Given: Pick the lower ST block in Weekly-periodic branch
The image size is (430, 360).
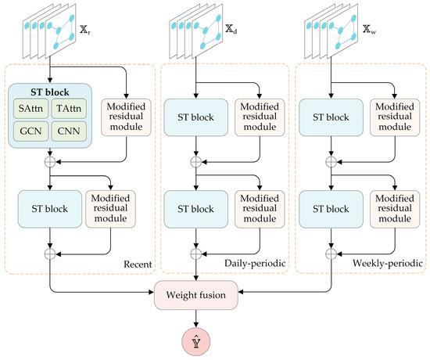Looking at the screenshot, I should (324, 208).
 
